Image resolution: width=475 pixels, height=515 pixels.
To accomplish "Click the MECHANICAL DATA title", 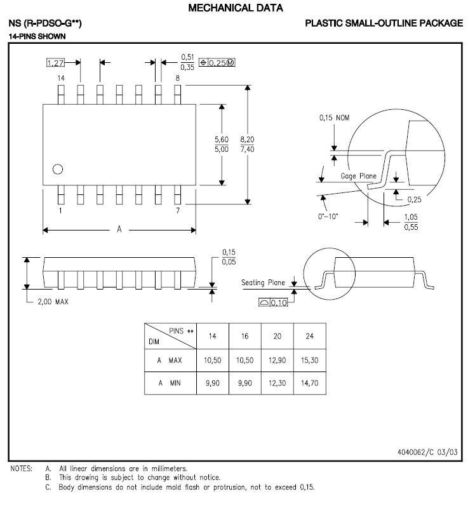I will coord(236,8).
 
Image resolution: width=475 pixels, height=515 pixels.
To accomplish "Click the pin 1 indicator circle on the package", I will coord(58,169).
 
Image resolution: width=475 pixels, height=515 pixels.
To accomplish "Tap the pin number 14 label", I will coord(61,77).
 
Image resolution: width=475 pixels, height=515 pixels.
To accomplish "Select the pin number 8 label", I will coord(178,77).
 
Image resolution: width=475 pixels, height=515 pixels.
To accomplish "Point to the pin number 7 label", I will coord(178,210).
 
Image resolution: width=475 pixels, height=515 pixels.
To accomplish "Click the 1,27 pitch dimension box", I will coord(56,62).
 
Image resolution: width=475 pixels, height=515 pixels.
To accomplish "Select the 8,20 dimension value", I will coord(247,139).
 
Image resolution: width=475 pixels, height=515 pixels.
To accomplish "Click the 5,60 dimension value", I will coord(222,139).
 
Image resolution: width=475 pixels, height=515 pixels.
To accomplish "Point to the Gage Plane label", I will coord(358,176).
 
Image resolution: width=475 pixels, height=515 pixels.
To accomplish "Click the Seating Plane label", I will coord(263,283).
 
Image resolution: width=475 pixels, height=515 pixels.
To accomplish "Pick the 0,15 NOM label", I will coord(334,117).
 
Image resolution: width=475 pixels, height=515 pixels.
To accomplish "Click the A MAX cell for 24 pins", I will coord(309,360).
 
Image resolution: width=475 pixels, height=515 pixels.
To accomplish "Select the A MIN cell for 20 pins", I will coord(277,384).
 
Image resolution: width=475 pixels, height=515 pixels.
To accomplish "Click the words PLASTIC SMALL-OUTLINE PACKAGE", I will coord(384,23).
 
